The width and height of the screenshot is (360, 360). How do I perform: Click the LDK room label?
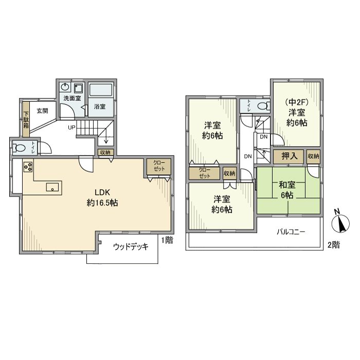[x=102, y=192]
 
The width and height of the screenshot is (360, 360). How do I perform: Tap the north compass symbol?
[x=340, y=222]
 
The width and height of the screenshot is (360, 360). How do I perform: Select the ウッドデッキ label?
[x=131, y=247]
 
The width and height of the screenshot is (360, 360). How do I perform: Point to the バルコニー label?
[x=291, y=231]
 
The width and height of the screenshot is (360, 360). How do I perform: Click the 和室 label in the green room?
[x=287, y=185]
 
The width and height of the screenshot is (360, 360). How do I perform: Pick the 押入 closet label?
[x=289, y=156]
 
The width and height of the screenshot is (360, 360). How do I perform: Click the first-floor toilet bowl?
[x=19, y=148]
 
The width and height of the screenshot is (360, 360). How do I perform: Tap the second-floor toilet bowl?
[x=263, y=106]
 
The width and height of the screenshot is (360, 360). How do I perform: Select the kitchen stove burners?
[x=28, y=167]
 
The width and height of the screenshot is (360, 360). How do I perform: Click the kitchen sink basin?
[x=52, y=187]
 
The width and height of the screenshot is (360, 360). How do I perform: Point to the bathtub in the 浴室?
[x=101, y=90]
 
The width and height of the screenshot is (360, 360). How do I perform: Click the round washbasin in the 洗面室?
[x=65, y=87]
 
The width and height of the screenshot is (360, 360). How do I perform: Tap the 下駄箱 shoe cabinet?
[x=26, y=119]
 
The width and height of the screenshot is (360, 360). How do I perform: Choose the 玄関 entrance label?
[x=43, y=111]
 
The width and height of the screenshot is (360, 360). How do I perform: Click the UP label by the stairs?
[x=71, y=127]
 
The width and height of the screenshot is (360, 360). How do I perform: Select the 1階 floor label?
[x=167, y=240]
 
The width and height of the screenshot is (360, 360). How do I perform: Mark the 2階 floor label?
[x=334, y=245]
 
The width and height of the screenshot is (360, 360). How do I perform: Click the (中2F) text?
[x=297, y=102]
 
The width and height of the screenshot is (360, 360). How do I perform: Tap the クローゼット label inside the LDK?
[x=159, y=166]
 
